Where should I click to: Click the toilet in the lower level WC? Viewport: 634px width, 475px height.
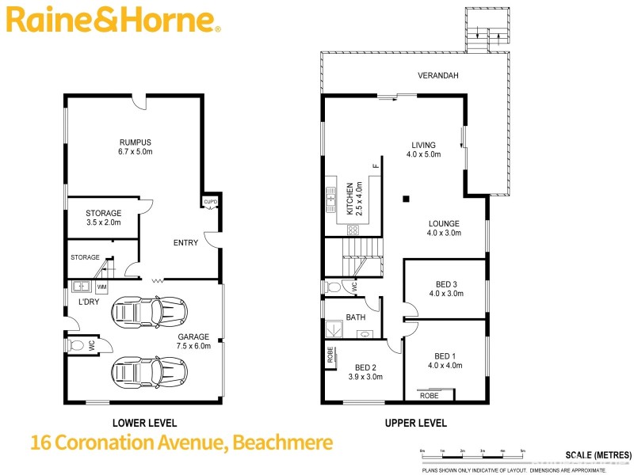[78, 344]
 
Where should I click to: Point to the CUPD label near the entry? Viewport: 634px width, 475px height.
[210, 202]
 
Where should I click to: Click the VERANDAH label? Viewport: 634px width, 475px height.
[438, 76]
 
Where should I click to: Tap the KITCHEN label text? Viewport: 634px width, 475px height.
[349, 199]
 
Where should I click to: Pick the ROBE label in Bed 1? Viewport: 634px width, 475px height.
[429, 394]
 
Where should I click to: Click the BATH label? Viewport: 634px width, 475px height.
[356, 317]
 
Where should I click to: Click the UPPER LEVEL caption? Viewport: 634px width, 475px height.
[416, 423]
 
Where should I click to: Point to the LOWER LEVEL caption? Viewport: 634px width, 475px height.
[145, 423]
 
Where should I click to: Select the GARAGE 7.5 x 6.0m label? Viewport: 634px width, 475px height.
[193, 340]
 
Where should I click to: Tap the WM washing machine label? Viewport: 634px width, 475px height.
[102, 287]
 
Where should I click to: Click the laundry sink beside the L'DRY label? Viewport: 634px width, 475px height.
[79, 287]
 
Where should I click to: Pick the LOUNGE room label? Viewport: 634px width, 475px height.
[444, 228]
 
